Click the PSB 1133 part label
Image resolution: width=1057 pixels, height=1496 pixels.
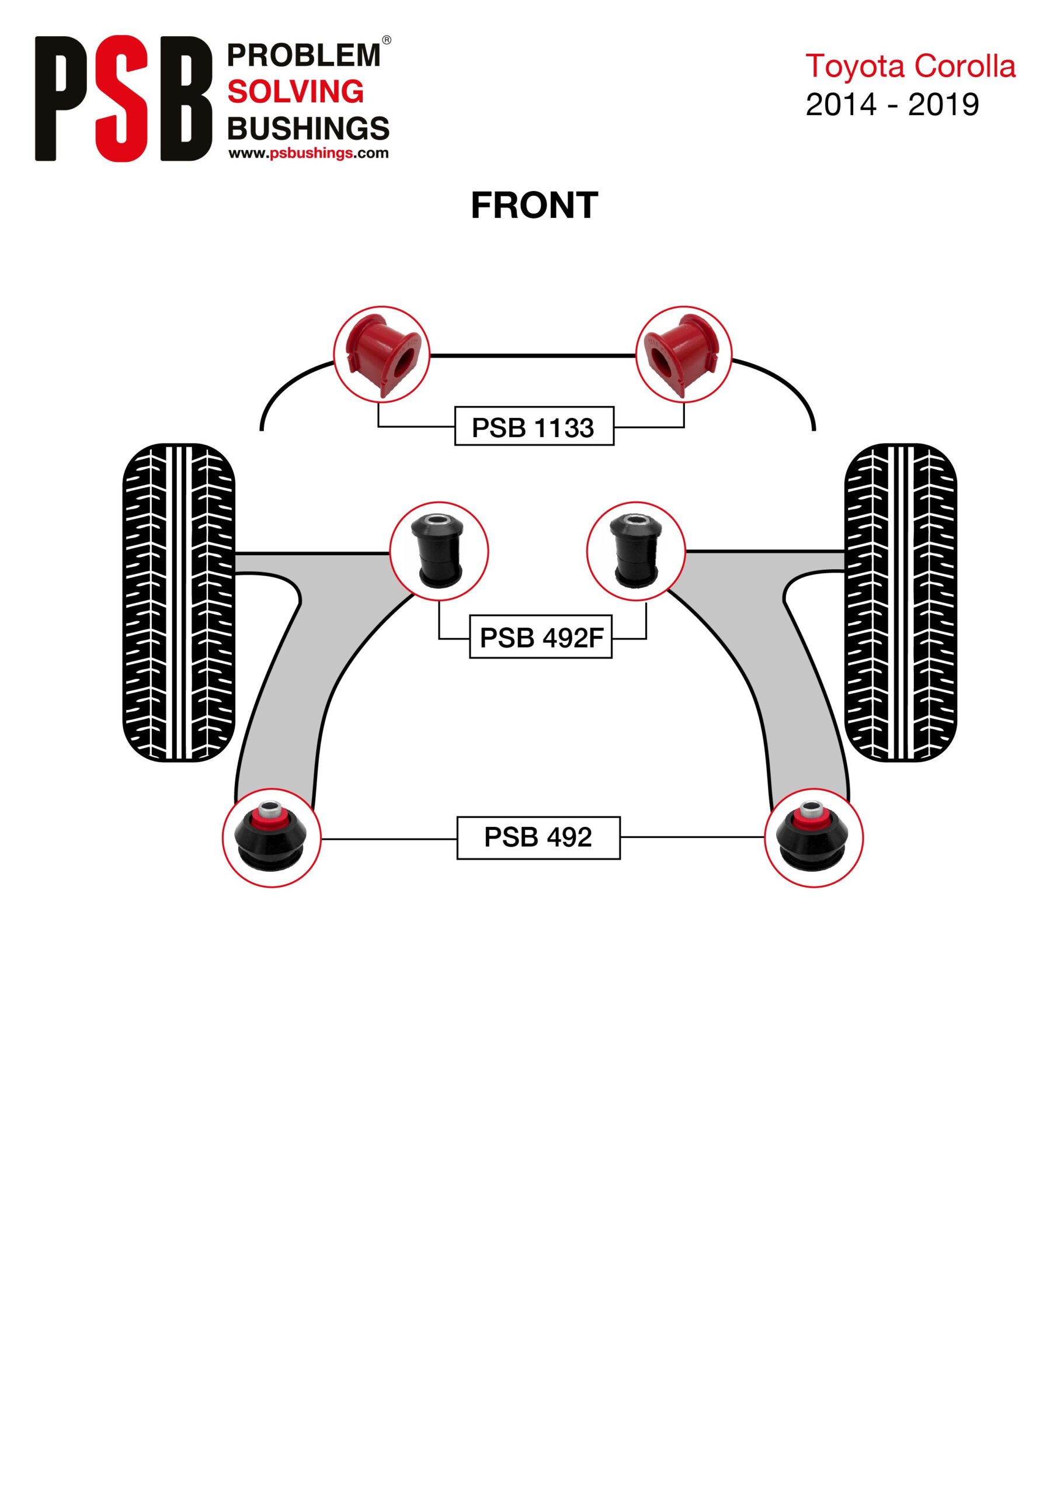pos(534,426)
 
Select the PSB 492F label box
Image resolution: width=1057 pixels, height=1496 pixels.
pos(541,636)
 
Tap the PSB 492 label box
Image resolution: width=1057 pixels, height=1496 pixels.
pos(538,837)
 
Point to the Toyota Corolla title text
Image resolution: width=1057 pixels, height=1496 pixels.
pos(910,67)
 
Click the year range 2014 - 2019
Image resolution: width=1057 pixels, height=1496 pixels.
pos(892,104)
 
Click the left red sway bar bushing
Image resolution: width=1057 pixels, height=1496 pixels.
pos(383,355)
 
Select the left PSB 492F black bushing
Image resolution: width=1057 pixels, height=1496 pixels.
pos(437,549)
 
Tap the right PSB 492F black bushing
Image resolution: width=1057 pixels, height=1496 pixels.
pos(637,549)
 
